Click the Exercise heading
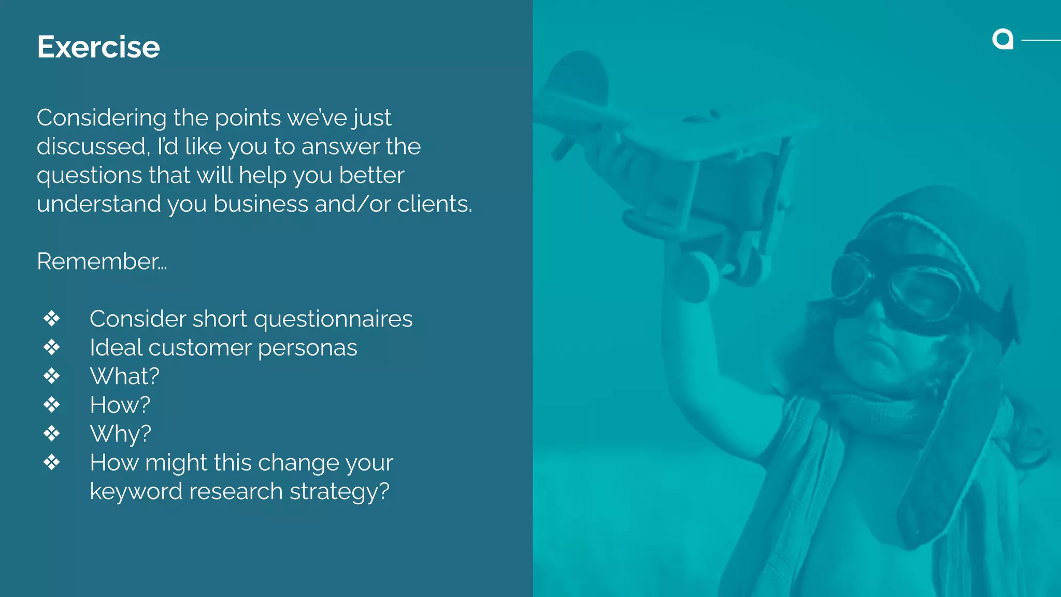tap(98, 47)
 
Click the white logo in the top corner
tap(1002, 39)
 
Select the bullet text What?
tap(124, 376)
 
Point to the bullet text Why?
tap(120, 434)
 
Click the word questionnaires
tap(333, 319)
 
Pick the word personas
tap(307, 348)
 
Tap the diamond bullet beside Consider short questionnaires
tap(52, 319)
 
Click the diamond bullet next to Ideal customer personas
tap(52, 347)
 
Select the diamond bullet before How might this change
tap(52, 462)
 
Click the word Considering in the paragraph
tap(102, 118)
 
